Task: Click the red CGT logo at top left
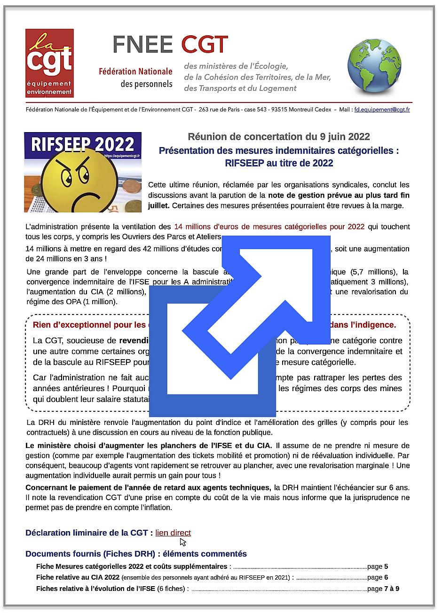[x=49, y=63]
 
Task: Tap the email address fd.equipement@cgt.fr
[x=382, y=110]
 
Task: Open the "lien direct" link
[x=173, y=533]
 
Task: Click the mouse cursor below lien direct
[x=182, y=542]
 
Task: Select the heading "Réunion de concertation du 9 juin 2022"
[x=278, y=137]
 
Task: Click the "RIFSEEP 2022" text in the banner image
[x=83, y=144]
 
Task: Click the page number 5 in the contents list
[x=386, y=566]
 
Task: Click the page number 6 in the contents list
[x=386, y=577]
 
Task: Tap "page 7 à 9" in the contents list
[x=383, y=589]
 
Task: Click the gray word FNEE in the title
[x=143, y=45]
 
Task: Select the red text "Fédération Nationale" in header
[x=135, y=72]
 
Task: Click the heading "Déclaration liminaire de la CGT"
[x=89, y=533]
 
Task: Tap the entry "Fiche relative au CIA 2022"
[x=78, y=577]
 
